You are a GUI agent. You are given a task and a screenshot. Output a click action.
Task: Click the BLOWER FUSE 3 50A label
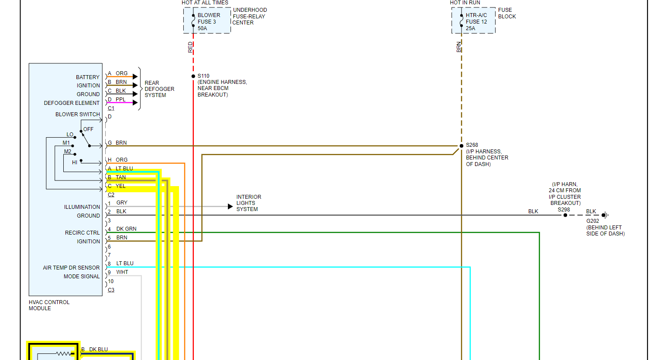click(208, 21)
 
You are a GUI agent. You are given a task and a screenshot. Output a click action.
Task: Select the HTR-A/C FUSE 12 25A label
click(476, 21)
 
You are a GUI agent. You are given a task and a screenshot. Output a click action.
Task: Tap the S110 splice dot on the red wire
click(193, 76)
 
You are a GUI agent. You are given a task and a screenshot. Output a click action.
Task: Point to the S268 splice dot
click(461, 146)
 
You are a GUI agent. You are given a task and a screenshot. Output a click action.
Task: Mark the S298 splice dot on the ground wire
click(565, 215)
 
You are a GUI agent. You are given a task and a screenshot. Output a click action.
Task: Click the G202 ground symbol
click(605, 215)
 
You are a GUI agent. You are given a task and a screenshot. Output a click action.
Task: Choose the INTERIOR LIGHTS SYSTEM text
click(248, 203)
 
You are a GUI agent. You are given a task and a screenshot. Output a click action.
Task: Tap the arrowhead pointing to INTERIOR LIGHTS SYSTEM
click(230, 206)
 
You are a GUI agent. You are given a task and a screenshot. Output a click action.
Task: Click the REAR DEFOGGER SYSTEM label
click(159, 89)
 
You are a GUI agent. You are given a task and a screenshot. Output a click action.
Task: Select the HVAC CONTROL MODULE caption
click(49, 305)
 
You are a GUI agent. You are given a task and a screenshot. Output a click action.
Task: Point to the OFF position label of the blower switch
click(88, 129)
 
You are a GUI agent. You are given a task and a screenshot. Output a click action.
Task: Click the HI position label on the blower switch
click(75, 163)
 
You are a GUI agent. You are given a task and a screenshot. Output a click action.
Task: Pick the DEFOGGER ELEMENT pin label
click(72, 103)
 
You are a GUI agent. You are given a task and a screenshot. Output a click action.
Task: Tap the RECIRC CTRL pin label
click(82, 233)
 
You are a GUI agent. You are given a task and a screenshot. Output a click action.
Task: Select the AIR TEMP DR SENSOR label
click(71, 268)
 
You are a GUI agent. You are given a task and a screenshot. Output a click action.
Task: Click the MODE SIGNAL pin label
click(82, 277)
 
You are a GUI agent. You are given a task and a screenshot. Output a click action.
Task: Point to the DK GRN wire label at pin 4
click(126, 229)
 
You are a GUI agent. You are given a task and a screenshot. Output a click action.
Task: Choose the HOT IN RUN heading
click(465, 3)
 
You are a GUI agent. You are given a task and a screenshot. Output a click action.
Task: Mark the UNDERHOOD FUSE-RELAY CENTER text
click(249, 16)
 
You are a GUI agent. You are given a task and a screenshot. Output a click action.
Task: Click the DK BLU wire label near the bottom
click(98, 350)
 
